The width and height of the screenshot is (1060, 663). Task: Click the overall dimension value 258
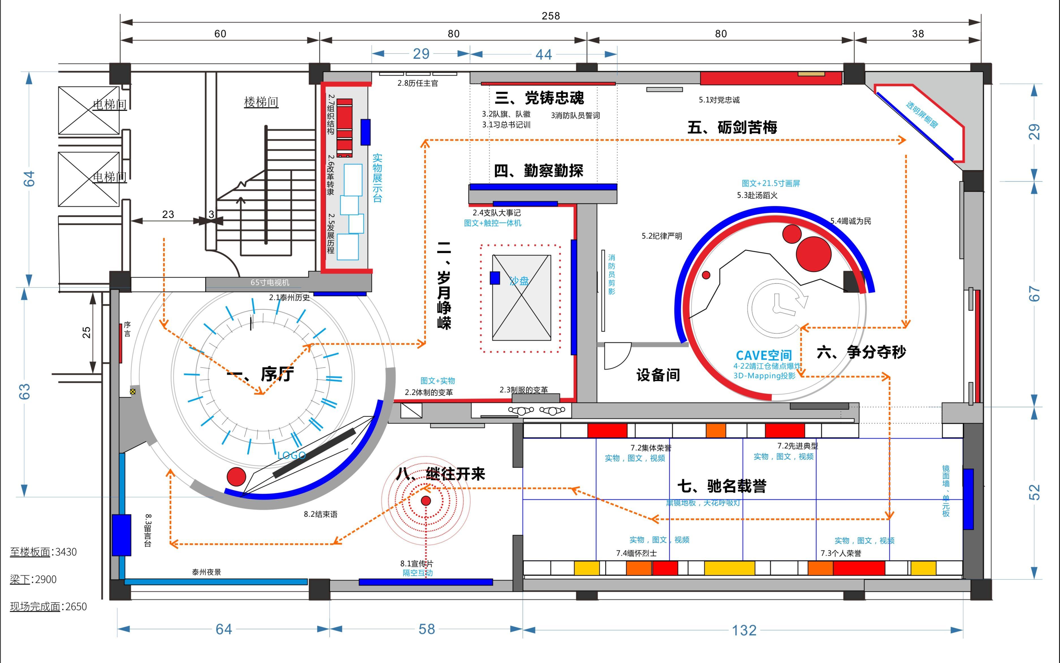click(551, 16)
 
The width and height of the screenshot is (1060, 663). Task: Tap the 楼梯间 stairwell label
click(261, 102)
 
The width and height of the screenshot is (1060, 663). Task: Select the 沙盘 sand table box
click(521, 298)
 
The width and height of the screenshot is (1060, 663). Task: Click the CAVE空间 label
click(764, 355)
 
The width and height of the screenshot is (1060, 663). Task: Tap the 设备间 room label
click(658, 375)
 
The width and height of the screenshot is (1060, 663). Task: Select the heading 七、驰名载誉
click(722, 486)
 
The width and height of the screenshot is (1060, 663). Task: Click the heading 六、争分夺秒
click(861, 352)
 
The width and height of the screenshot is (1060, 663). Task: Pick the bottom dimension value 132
click(744, 630)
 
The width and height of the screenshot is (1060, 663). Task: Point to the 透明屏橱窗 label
click(922, 115)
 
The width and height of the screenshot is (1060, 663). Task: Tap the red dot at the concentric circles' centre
click(426, 501)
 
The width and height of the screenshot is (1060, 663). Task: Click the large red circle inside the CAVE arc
click(813, 254)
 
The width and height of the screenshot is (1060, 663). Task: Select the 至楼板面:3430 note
click(43, 552)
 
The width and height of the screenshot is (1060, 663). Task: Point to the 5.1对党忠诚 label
click(719, 100)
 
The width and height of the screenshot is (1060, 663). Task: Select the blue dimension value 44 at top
click(543, 54)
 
